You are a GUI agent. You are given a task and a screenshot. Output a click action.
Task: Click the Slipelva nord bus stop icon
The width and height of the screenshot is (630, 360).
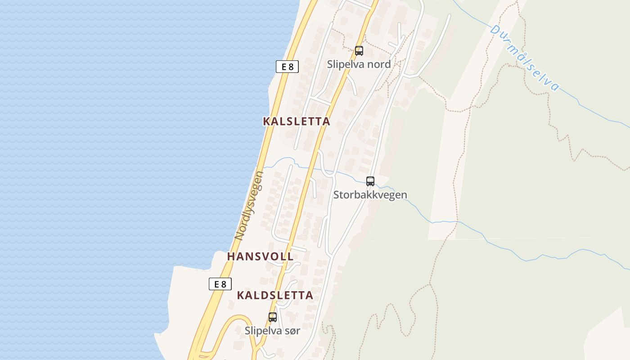point(359,51)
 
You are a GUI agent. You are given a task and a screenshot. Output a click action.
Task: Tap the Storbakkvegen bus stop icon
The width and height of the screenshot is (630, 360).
point(370,181)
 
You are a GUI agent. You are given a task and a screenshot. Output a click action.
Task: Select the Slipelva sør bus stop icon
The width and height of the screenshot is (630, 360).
point(273,317)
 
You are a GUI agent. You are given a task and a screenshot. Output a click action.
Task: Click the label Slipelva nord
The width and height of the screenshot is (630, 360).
point(359,64)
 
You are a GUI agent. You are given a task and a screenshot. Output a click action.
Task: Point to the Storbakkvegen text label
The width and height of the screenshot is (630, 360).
point(370,195)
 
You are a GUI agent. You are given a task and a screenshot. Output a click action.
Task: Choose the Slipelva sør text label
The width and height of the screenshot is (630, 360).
point(272,330)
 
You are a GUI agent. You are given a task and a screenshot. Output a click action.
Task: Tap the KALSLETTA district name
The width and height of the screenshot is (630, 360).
point(297,121)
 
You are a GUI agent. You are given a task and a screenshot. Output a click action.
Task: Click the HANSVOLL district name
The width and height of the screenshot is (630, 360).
point(261,256)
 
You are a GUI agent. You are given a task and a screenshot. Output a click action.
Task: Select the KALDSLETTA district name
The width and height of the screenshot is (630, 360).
point(275,295)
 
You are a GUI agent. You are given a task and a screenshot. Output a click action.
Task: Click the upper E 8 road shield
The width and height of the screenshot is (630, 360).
point(287,67)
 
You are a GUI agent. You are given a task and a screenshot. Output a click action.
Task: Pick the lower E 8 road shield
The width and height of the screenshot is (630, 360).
point(220,284)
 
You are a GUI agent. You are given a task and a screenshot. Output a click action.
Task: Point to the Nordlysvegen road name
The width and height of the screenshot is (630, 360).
point(249,205)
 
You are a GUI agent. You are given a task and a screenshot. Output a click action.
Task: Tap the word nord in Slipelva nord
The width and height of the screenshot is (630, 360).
point(379,64)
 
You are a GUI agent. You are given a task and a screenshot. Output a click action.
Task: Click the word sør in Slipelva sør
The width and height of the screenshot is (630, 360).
point(292,330)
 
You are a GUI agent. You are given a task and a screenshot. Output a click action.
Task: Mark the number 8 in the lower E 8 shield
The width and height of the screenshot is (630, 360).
point(224,284)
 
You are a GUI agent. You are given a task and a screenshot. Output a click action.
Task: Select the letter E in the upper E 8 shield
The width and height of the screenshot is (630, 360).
point(283,67)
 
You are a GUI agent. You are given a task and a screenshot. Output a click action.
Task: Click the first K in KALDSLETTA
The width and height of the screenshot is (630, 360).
point(240,295)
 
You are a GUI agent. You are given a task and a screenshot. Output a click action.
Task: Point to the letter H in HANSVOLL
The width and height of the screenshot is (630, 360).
point(231,256)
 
